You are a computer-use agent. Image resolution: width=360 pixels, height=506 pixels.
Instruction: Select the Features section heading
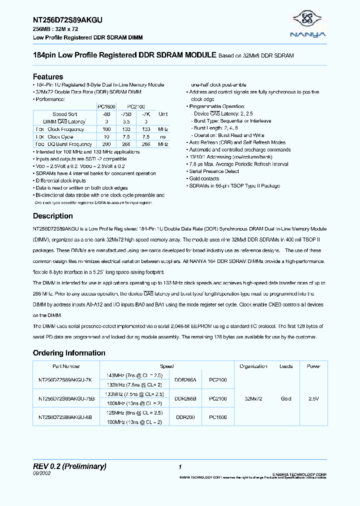click(48, 77)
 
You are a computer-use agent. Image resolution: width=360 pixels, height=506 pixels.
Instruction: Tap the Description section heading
click(52, 216)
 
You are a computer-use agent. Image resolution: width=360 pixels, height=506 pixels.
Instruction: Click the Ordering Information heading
click(69, 353)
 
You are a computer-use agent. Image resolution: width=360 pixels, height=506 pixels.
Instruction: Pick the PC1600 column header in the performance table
click(105, 106)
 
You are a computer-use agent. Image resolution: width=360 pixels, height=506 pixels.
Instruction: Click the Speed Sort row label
click(64, 114)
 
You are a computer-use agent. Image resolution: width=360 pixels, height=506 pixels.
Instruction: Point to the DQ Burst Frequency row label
click(69, 144)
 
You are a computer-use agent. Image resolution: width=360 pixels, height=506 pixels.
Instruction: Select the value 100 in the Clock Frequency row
click(105, 129)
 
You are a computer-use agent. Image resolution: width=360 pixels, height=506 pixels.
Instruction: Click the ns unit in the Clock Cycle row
click(163, 136)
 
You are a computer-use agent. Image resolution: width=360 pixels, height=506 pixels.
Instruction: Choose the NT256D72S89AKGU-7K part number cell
click(65, 380)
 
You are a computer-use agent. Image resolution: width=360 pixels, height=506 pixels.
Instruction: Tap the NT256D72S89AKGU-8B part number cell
click(65, 416)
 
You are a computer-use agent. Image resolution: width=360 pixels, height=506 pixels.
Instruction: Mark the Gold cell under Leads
click(286, 398)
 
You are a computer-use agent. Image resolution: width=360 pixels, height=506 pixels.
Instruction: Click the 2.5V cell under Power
click(313, 398)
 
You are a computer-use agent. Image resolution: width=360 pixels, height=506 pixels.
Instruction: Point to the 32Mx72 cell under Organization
click(253, 398)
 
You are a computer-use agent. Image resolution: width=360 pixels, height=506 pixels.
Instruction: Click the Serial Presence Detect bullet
click(214, 171)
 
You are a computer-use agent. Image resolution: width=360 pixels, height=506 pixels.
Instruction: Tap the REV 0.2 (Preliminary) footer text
click(69, 466)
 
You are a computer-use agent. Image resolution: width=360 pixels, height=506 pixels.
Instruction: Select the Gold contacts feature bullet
click(205, 178)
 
